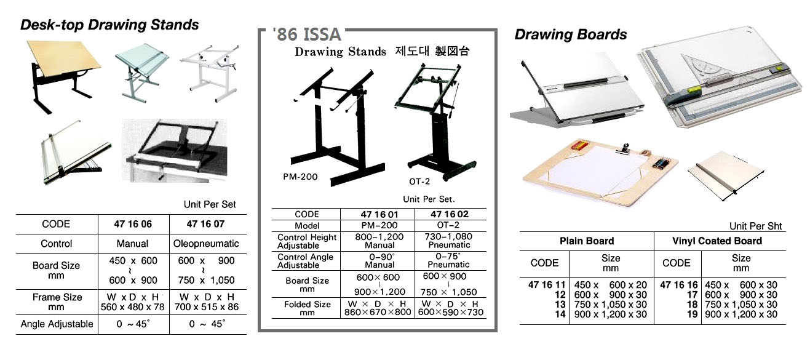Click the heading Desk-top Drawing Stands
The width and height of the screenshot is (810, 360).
click(109, 25)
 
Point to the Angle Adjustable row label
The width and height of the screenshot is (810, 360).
click(57, 324)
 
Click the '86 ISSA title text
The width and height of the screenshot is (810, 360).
click(306, 34)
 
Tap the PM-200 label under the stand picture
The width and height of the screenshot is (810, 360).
click(301, 177)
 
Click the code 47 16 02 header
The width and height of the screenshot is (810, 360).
click(450, 214)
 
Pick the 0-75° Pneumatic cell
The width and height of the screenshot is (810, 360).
click(450, 260)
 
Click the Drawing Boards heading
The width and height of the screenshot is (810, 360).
click(570, 34)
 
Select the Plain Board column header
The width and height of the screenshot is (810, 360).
click(587, 241)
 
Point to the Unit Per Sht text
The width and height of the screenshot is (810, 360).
click(756, 226)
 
